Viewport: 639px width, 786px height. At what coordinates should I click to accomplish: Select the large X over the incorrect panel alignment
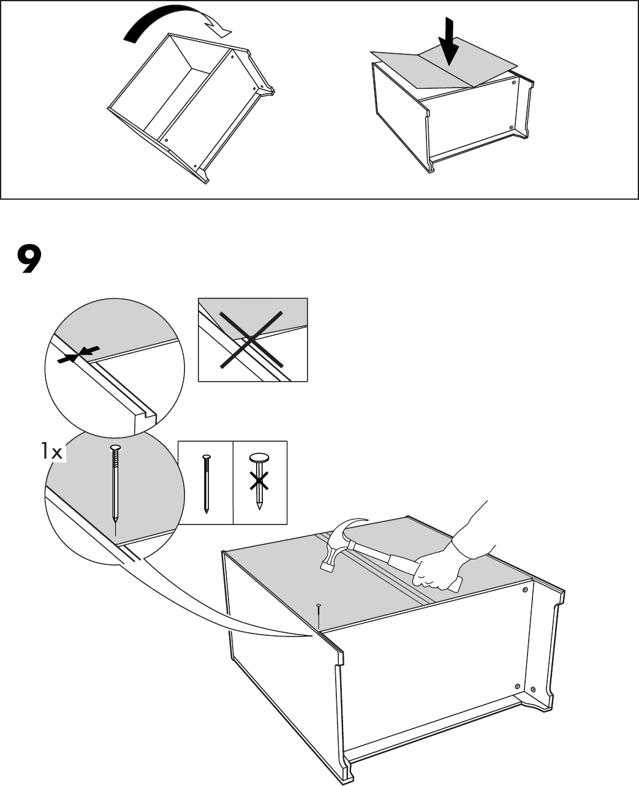point(252,338)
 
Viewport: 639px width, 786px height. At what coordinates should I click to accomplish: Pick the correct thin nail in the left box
point(205,483)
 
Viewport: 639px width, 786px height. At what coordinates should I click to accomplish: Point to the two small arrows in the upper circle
point(78,354)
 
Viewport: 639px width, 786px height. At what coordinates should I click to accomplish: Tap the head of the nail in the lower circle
point(114,449)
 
